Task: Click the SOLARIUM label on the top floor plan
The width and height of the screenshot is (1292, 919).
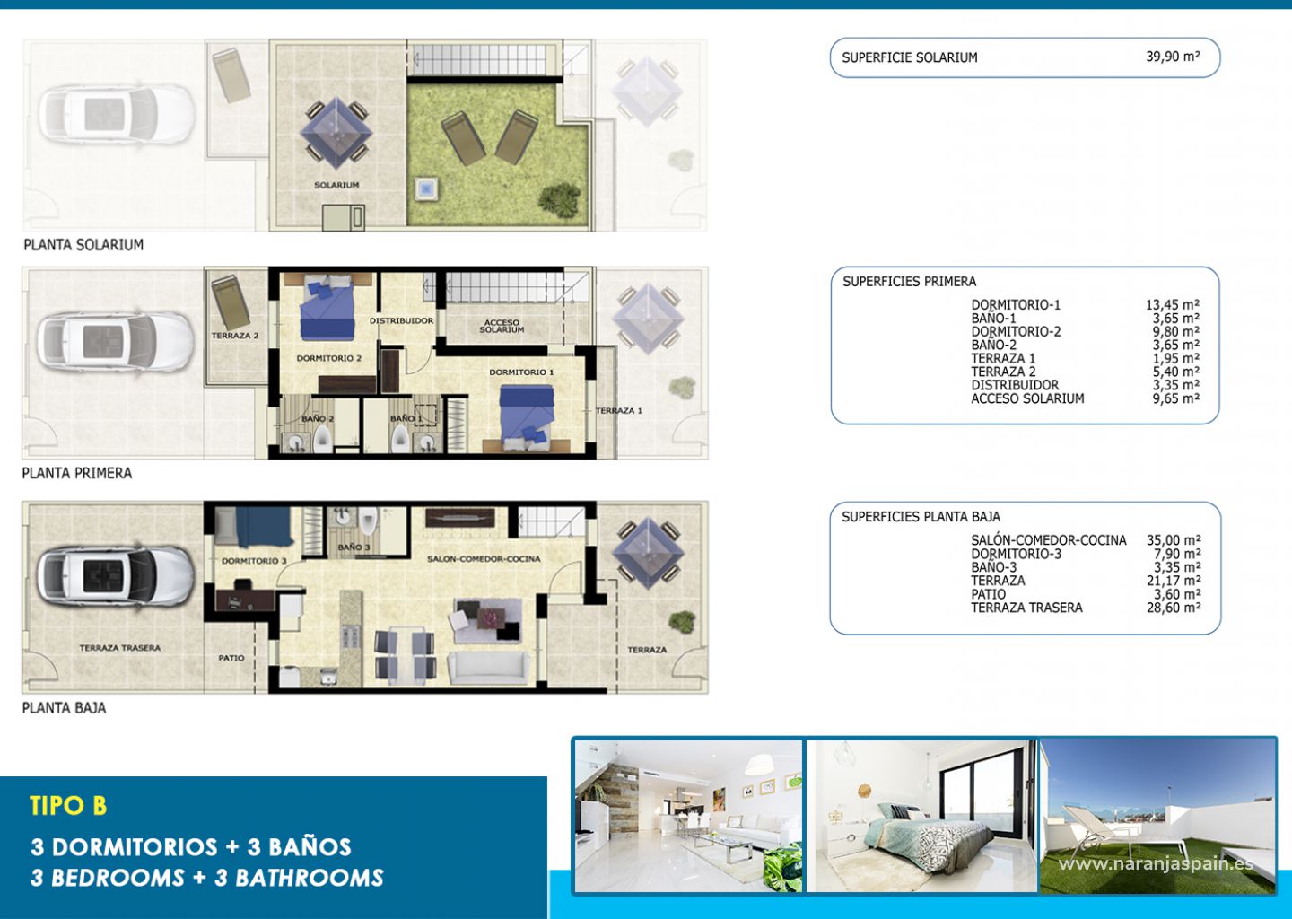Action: click(x=336, y=185)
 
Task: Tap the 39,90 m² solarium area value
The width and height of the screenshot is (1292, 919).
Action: click(x=1174, y=57)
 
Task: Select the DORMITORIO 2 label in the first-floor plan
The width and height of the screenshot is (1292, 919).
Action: click(x=328, y=358)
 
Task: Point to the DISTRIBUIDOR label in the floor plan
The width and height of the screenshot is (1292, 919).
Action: click(x=401, y=320)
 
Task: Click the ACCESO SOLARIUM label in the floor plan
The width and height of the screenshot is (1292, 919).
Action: click(x=502, y=326)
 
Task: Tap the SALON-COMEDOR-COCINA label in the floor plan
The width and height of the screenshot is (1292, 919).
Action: click(x=484, y=558)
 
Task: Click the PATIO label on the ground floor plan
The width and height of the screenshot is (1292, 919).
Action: click(x=231, y=658)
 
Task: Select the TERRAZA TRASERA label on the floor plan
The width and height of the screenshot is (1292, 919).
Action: click(x=120, y=648)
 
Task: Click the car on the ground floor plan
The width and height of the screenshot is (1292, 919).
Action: click(x=116, y=575)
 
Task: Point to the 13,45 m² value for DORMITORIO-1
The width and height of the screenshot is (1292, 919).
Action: click(x=1173, y=304)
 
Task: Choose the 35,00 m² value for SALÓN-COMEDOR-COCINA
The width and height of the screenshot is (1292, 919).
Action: click(x=1174, y=540)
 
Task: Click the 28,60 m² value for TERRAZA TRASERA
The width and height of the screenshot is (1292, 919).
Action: click(x=1174, y=608)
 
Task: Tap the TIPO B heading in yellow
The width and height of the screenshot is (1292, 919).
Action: click(x=68, y=806)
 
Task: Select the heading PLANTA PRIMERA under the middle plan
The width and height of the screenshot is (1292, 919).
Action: click(x=77, y=474)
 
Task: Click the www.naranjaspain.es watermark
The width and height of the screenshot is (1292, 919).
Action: click(x=1156, y=863)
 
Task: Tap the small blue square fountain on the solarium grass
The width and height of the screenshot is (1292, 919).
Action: click(x=427, y=188)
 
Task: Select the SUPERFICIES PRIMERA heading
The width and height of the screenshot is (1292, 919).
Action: click(x=909, y=282)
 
